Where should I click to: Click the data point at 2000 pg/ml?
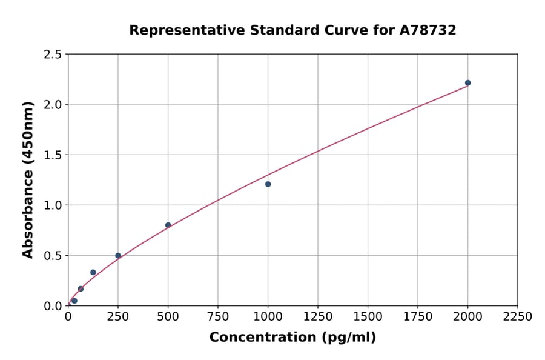pyautogui.click(x=467, y=83)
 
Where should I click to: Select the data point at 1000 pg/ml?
pyautogui.click(x=268, y=184)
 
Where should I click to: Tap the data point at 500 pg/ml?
pyautogui.click(x=168, y=225)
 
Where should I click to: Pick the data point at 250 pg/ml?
pyautogui.click(x=118, y=256)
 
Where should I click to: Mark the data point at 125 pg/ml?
pyautogui.click(x=93, y=272)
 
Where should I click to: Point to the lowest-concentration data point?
pyautogui.click(x=74, y=301)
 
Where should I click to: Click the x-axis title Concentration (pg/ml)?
pyautogui.click(x=292, y=338)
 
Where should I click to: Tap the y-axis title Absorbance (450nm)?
pyautogui.click(x=28, y=179)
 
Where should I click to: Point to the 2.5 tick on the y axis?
pyautogui.click(x=53, y=55)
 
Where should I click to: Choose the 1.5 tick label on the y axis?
pyautogui.click(x=53, y=155)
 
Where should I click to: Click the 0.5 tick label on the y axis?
pyautogui.click(x=53, y=256)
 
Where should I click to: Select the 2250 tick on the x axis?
pyautogui.click(x=518, y=317)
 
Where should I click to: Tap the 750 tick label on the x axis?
pyautogui.click(x=218, y=317)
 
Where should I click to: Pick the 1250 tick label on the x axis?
pyautogui.click(x=318, y=317)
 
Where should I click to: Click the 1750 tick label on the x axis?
pyautogui.click(x=418, y=317)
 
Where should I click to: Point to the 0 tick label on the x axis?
pyautogui.click(x=68, y=317)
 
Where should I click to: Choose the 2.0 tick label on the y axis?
pyautogui.click(x=53, y=105)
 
